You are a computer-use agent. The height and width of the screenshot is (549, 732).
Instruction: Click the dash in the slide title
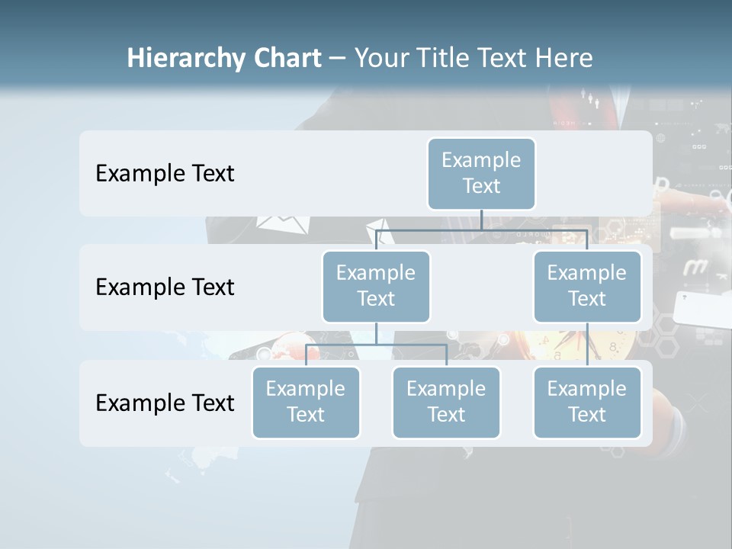338,59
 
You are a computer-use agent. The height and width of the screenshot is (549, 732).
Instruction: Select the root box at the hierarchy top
481,173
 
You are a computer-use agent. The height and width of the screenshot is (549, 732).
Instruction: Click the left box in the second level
376,286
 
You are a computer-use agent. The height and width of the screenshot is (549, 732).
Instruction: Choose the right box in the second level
587,286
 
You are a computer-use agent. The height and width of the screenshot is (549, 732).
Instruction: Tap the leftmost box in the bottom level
306,402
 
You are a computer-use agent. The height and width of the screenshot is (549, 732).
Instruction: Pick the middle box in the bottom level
446,402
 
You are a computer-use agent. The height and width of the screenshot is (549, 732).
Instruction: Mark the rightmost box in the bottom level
587,402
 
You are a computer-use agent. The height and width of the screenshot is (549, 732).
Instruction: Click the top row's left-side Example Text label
165,173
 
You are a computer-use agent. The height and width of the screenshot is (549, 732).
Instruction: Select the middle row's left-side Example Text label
165,287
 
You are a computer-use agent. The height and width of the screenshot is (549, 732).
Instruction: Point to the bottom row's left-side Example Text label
165,403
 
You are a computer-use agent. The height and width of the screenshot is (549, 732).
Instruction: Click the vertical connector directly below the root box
481,220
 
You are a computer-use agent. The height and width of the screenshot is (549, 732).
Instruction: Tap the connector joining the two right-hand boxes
587,345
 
